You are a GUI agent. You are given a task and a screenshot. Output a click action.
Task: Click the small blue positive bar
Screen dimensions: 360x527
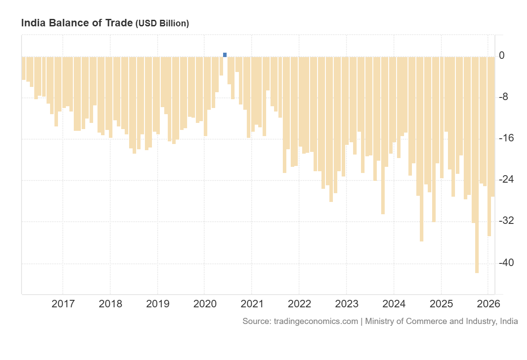225,54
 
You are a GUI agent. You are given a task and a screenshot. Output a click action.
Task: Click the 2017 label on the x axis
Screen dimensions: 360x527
63,303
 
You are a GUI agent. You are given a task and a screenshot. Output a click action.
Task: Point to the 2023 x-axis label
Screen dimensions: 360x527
347,303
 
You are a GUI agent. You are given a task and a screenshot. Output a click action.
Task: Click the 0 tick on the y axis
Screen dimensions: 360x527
502,56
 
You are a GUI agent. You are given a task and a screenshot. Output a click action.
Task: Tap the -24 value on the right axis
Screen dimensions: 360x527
505,180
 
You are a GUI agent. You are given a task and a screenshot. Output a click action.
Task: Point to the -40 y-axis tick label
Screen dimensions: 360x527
505,263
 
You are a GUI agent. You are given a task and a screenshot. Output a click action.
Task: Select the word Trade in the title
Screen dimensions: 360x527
119,23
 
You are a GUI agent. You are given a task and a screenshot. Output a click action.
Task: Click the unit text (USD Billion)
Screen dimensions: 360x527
162,24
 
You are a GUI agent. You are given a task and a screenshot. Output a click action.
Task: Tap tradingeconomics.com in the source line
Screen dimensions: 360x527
316,321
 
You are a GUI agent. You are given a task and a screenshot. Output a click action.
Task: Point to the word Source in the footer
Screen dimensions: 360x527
256,321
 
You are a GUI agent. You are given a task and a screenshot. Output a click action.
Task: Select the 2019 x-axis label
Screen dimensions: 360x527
157,303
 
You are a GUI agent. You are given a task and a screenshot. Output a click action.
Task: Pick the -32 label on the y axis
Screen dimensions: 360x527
505,221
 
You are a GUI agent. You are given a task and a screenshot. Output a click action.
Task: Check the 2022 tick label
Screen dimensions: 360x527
299,303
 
